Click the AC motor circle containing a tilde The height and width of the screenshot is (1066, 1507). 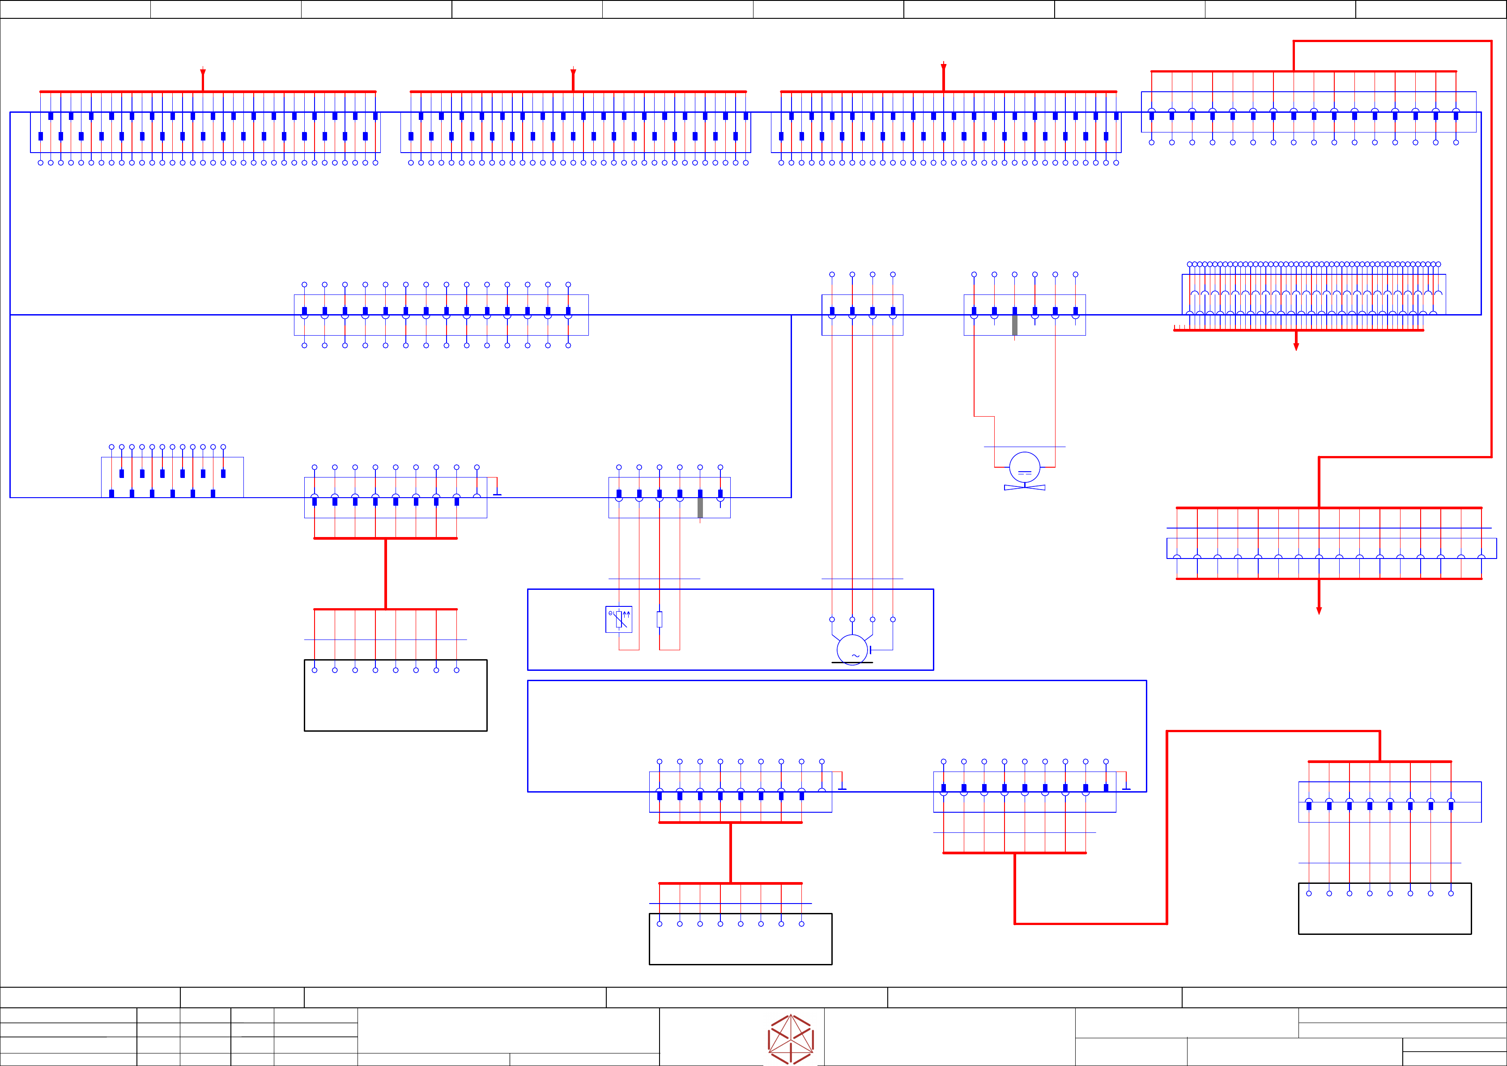point(852,650)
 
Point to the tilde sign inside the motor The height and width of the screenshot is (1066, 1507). point(855,656)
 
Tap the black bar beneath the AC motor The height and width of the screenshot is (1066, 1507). point(852,663)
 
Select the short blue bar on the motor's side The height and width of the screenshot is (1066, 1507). point(870,650)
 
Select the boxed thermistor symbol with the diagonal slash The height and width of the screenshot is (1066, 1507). point(618,619)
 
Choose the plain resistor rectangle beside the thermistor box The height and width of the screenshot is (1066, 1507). point(660,619)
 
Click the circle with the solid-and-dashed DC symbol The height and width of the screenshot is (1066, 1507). point(1025,467)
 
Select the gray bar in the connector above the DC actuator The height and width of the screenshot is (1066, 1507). point(1015,325)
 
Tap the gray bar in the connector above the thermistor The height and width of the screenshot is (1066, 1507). point(700,507)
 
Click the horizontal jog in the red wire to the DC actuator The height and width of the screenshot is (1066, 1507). point(984,416)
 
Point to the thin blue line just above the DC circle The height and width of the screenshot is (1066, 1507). point(1025,447)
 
